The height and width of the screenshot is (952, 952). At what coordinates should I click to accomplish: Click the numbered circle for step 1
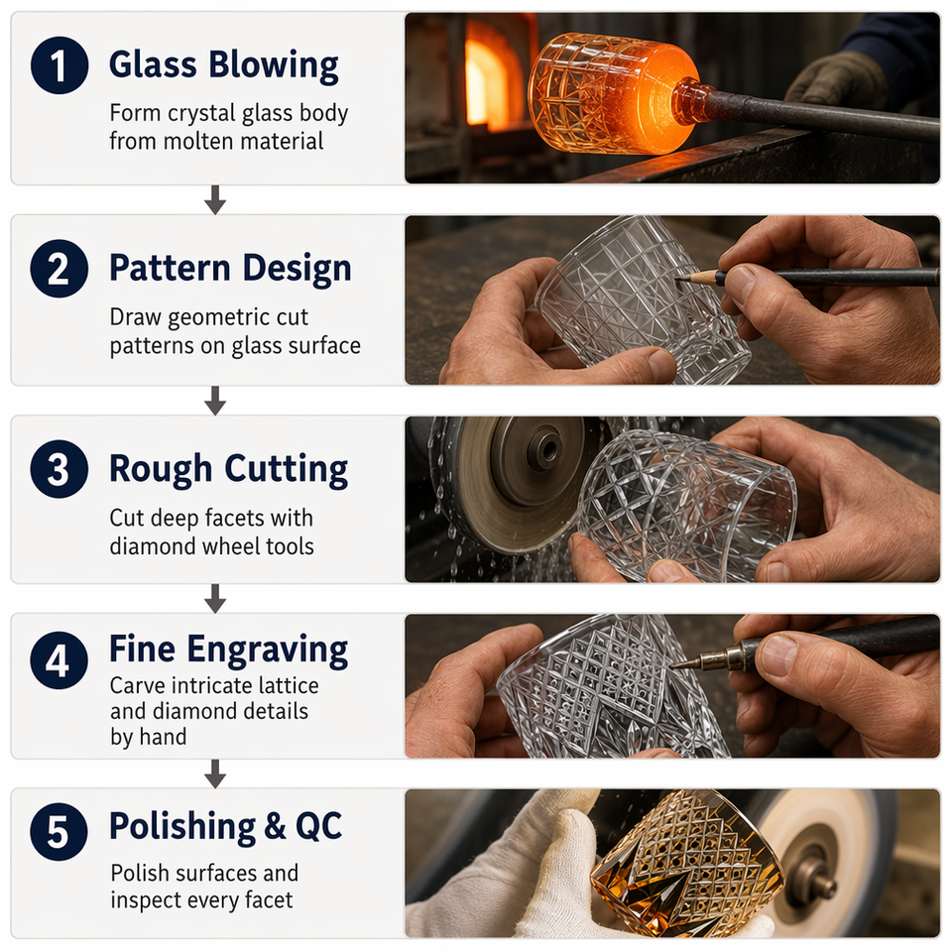click(x=59, y=65)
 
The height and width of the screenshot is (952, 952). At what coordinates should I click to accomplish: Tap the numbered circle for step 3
click(x=59, y=469)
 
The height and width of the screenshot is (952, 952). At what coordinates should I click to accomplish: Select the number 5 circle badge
click(x=59, y=831)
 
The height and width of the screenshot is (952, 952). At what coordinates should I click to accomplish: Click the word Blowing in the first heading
click(x=274, y=65)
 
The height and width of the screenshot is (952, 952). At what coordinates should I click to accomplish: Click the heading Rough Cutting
click(x=228, y=469)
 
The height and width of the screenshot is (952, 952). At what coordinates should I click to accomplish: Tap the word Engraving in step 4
click(x=268, y=650)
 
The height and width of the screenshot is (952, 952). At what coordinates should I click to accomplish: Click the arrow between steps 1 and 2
click(x=215, y=199)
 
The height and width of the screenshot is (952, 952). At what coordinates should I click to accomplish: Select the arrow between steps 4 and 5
click(x=215, y=774)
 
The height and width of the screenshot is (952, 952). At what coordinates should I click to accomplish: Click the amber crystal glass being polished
click(x=686, y=862)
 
